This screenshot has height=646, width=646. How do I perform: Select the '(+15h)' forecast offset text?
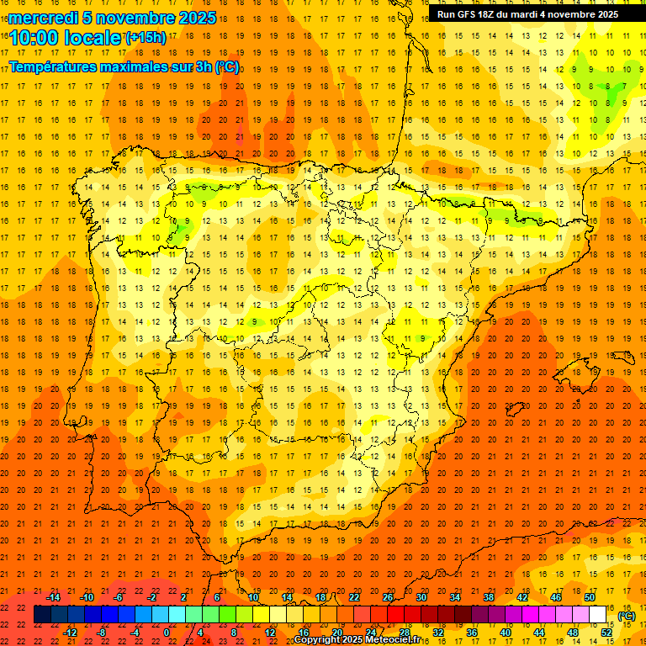coord(146,37)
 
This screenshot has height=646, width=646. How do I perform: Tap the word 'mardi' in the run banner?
coord(532,14)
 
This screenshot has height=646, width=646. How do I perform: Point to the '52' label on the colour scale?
coord(606,633)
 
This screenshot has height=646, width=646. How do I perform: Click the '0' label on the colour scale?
coord(167,633)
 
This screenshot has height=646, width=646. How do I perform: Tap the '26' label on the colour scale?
coord(388,597)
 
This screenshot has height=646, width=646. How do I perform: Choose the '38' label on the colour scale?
coord(489,597)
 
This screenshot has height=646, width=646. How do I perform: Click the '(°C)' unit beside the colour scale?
coord(627,616)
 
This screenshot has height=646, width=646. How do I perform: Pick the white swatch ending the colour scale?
coord(598,615)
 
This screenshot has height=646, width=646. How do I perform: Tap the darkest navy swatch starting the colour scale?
coord(42,615)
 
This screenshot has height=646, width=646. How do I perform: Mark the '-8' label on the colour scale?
coord(101,633)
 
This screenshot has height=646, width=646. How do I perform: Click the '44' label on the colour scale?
coord(539,633)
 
